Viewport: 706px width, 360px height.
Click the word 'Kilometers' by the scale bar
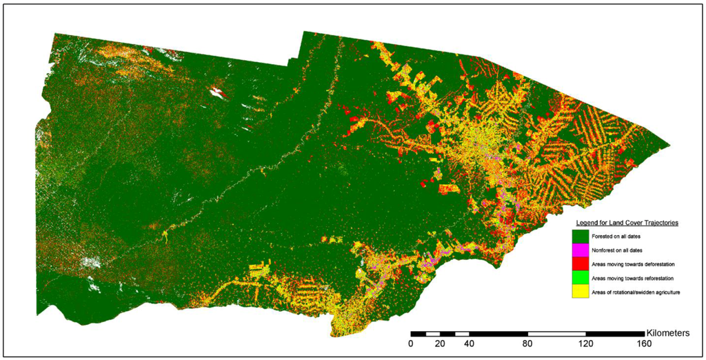point(667,332)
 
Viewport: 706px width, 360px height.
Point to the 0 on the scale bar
point(411,343)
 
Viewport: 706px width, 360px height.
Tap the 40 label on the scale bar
point(470,343)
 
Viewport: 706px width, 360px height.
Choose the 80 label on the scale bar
point(528,343)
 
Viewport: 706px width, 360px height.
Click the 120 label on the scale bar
point(586,343)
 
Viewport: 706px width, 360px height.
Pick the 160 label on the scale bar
point(645,343)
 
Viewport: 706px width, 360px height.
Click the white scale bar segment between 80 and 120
point(557,334)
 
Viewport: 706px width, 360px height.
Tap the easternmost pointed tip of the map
point(669,146)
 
